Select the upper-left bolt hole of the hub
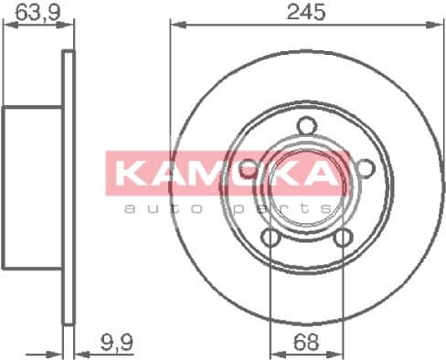tap(248, 170)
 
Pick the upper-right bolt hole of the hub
tap(365, 170)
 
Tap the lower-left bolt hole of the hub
tap(271, 238)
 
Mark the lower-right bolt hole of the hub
tap(343, 238)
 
